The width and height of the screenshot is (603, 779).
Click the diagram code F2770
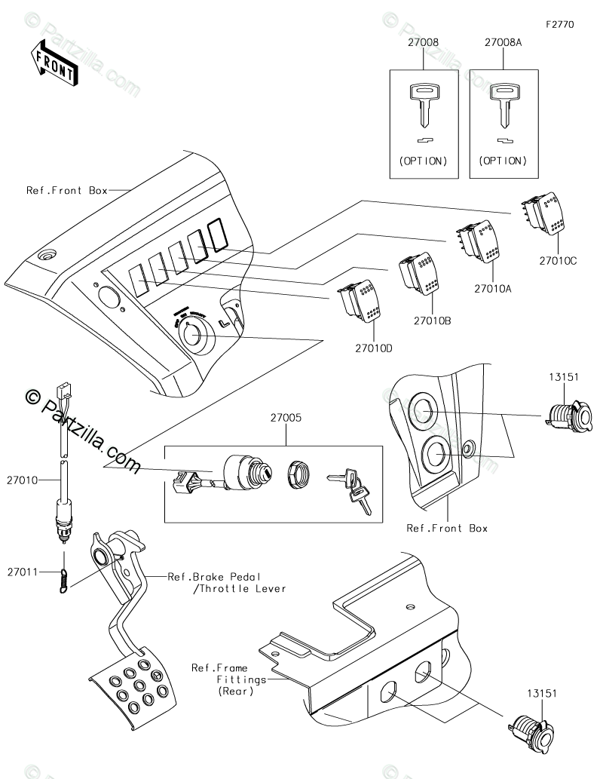click(561, 24)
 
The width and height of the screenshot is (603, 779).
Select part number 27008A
click(504, 44)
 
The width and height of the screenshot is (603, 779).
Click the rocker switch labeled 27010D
click(362, 299)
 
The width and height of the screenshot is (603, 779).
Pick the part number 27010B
click(432, 320)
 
